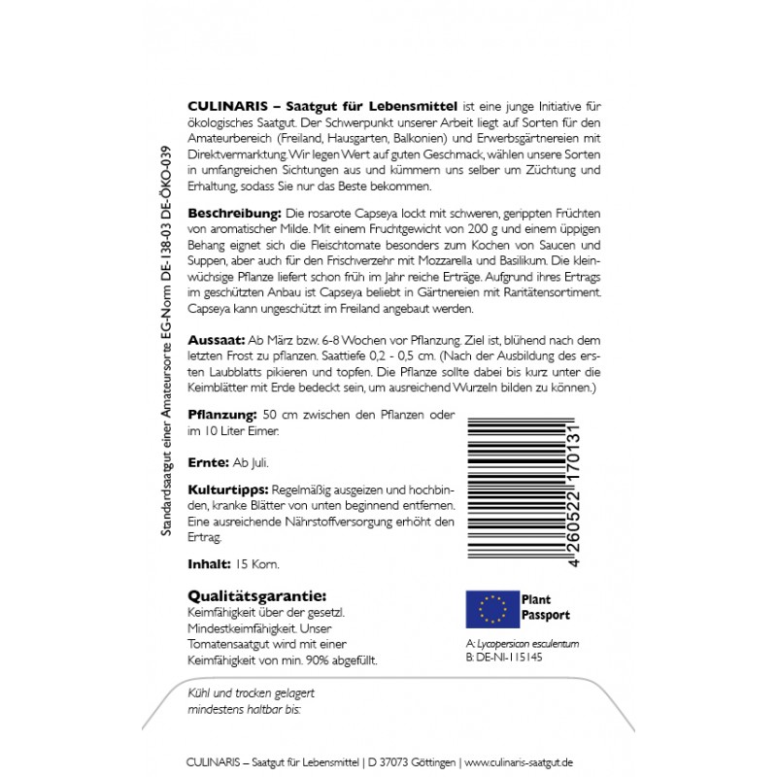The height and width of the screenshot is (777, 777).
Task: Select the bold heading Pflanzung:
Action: click(221, 414)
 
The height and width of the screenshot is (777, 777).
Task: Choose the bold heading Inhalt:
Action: click(208, 562)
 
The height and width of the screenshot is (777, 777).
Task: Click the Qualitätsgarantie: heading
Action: click(255, 595)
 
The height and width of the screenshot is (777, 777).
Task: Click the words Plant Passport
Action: click(546, 608)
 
